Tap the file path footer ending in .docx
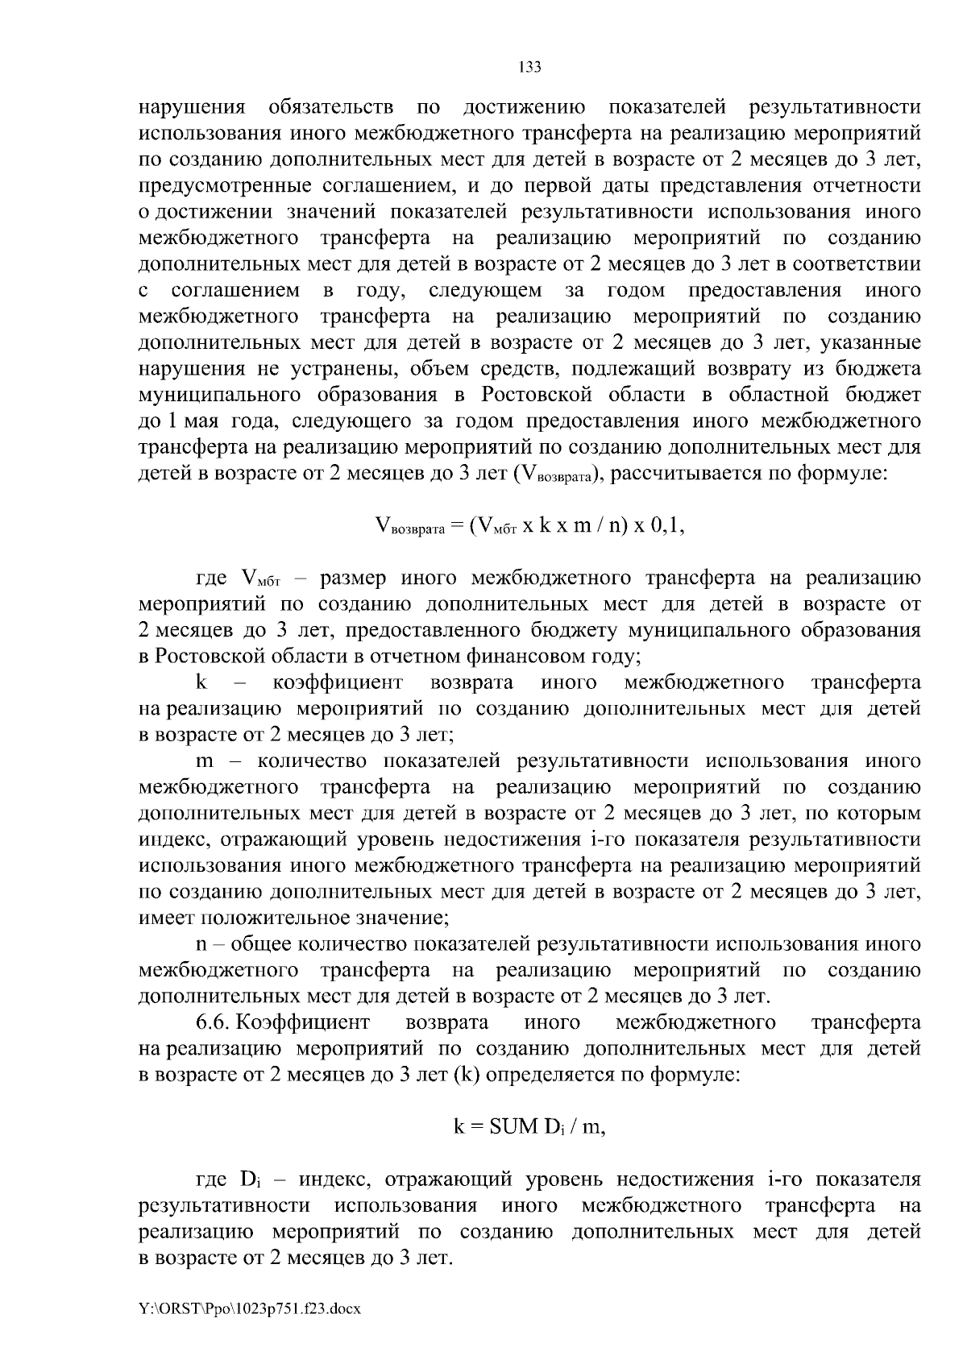(250, 1309)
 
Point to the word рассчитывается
(697, 473)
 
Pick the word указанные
(871, 342)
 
